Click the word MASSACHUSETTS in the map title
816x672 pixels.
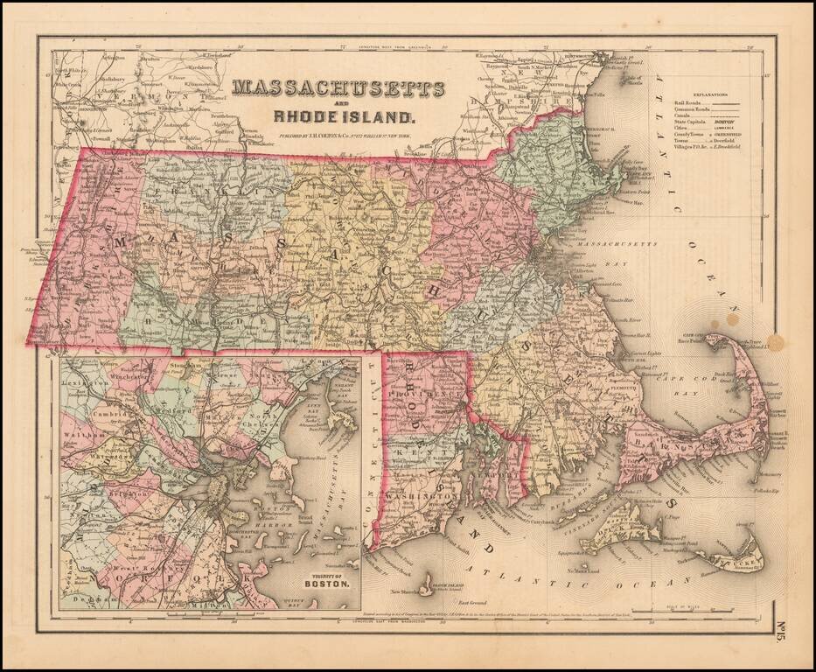pos(338,89)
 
